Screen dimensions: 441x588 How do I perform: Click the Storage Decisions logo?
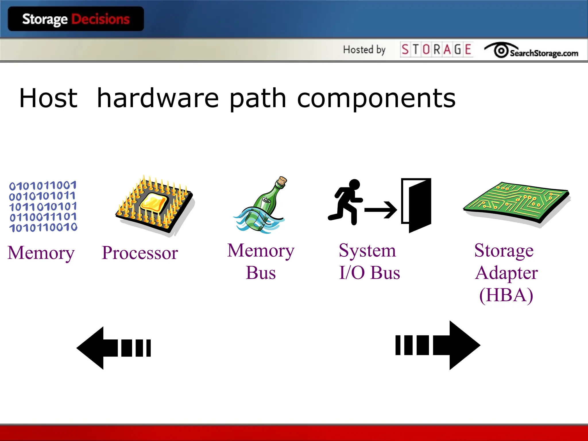pos(76,19)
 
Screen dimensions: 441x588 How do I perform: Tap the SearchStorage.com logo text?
pos(543,53)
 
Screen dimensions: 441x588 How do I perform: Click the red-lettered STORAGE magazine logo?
pos(436,49)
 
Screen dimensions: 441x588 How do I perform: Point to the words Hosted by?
pos(364,50)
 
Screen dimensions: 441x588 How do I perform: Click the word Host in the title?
pos(48,98)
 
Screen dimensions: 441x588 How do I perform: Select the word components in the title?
pos(376,99)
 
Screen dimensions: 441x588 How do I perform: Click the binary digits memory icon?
pos(43,206)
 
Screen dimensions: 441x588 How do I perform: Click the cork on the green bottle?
pos(282,181)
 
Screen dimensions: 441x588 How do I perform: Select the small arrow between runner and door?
pos(381,210)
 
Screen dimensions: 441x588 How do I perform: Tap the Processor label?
pos(140,253)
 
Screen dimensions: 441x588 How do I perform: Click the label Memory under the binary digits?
pos(41,253)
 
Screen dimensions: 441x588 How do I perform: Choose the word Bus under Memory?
pos(261,272)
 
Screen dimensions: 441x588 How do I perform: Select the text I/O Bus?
pos(370,272)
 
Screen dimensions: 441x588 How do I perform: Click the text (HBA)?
pos(506,295)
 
